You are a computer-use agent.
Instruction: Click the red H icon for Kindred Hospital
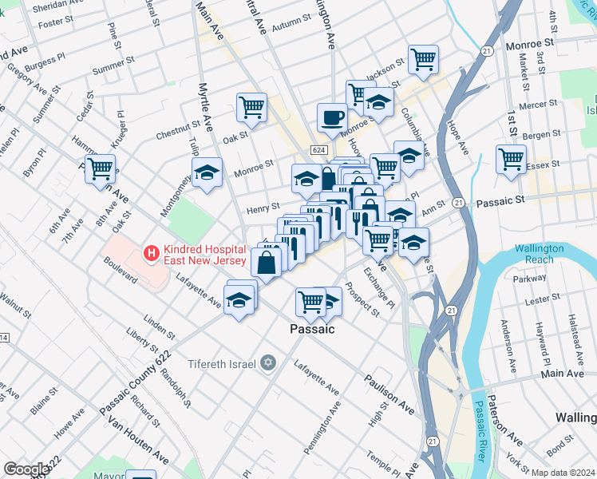click(148, 254)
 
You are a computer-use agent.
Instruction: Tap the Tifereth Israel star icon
click(267, 364)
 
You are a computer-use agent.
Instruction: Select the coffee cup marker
click(332, 118)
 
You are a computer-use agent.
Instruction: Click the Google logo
click(26, 469)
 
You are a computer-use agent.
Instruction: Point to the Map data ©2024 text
click(563, 473)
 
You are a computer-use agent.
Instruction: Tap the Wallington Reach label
click(539, 254)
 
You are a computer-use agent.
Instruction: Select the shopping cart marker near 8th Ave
click(101, 168)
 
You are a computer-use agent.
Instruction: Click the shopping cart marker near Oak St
click(251, 106)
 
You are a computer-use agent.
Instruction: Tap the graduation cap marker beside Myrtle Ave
click(207, 172)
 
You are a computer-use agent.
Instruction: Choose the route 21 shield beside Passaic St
click(457, 204)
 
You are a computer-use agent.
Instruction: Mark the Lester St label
click(543, 299)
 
